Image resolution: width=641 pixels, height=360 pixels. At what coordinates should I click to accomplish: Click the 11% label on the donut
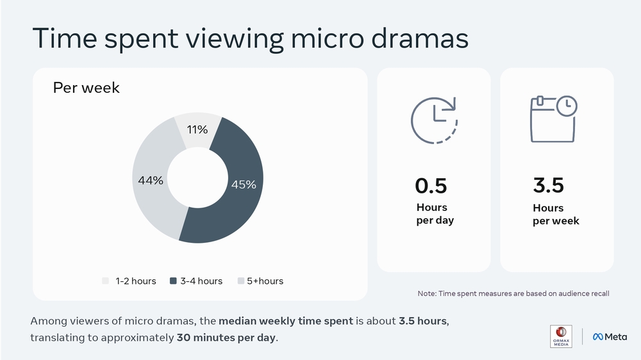click(x=197, y=130)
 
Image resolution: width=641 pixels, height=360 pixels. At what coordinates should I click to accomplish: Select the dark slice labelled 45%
click(x=243, y=184)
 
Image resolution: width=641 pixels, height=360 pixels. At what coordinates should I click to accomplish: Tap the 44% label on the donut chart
click(x=151, y=181)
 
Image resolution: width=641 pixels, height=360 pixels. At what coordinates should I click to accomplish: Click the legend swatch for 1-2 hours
click(x=105, y=281)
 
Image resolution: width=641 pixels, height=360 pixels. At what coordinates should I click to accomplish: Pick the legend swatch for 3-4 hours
click(x=173, y=281)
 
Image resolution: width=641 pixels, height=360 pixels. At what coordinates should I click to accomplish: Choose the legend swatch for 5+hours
click(x=241, y=281)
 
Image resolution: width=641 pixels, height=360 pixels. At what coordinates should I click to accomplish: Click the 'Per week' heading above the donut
click(x=86, y=88)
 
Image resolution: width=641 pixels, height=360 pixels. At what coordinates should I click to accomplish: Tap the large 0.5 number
click(x=431, y=186)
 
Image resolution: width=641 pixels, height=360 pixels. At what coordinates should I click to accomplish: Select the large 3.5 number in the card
click(x=548, y=186)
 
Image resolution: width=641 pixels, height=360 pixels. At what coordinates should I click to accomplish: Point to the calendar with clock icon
click(x=553, y=119)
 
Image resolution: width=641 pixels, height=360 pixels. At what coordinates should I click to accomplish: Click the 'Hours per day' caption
click(x=435, y=214)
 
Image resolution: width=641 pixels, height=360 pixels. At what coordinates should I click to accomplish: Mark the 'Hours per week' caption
click(x=556, y=214)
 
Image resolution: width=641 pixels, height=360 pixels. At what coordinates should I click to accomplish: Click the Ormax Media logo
click(x=561, y=336)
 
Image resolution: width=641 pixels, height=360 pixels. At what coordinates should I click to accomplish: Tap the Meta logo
click(x=610, y=336)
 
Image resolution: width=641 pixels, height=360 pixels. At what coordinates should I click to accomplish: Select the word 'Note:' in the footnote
click(x=427, y=293)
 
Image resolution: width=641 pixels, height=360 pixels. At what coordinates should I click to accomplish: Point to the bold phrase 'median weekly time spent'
click(x=286, y=320)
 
